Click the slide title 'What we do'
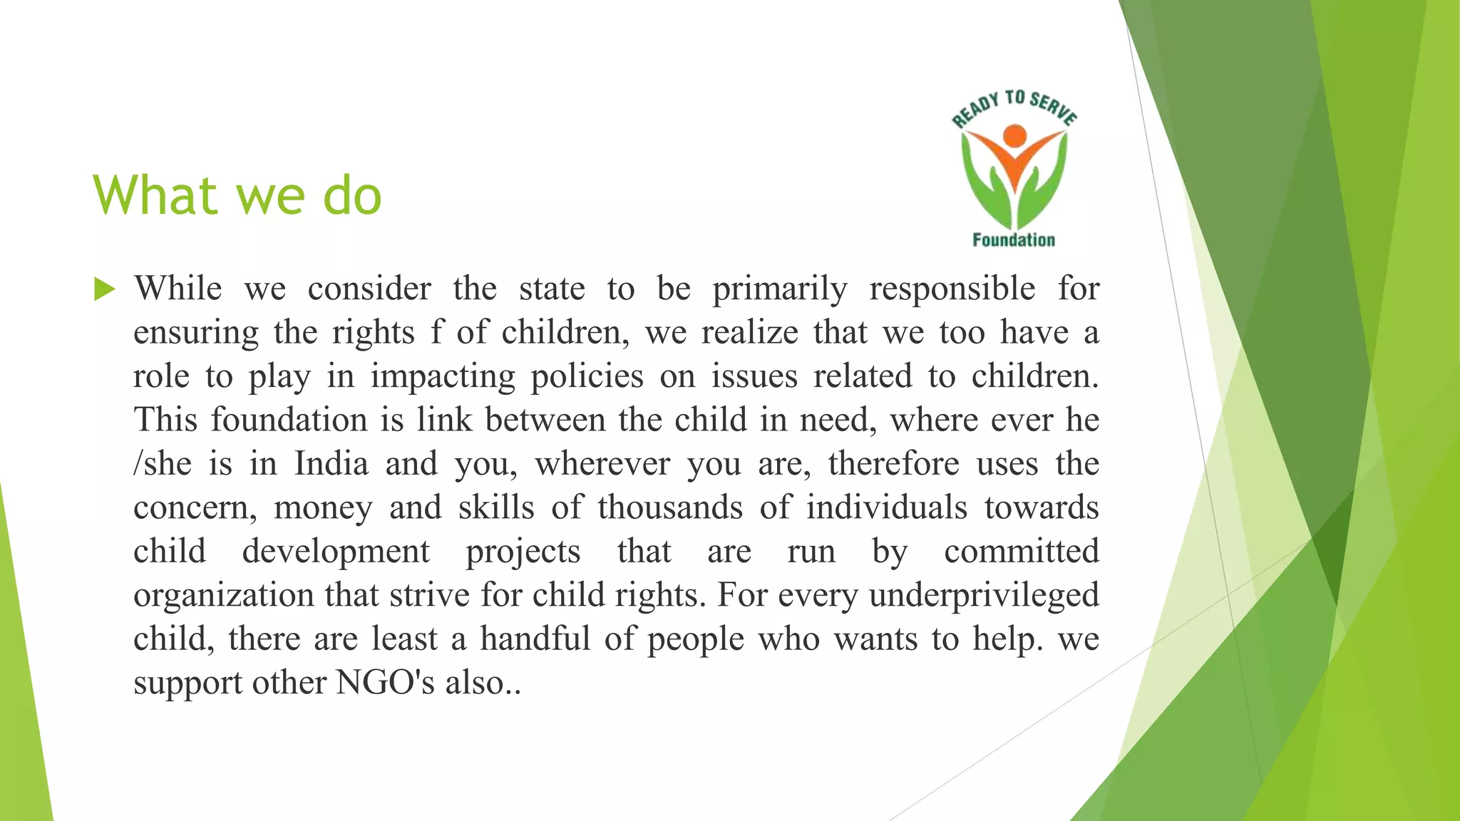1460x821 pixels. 237,195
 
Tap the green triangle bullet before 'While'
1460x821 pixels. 104,290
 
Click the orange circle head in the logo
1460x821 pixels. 1014,135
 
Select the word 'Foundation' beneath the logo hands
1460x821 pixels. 1014,240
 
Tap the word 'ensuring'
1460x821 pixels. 196,334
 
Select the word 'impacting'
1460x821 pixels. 442,377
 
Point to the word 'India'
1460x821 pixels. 331,465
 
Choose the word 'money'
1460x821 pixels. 323,508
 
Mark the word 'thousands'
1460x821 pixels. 670,508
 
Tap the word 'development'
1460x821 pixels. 336,552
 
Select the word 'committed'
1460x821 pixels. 1022,552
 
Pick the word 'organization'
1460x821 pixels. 223,596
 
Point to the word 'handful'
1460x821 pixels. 535,639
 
